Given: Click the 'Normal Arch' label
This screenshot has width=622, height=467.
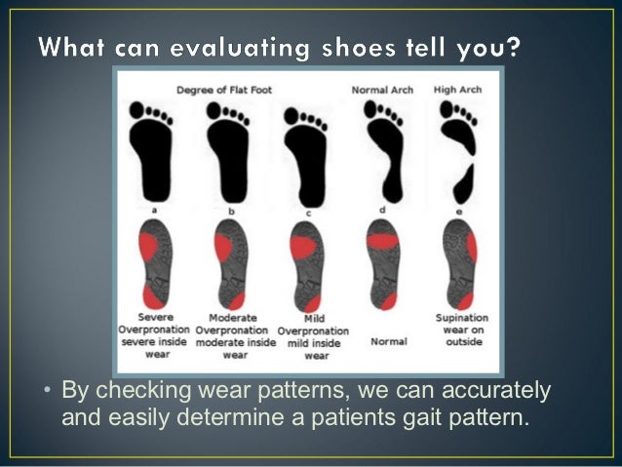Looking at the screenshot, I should [x=382, y=90].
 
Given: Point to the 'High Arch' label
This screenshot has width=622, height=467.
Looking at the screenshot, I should [x=457, y=90].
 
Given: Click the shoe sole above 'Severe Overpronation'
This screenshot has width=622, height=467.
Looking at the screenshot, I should [x=155, y=263].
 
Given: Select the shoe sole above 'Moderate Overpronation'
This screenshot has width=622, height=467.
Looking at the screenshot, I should [x=230, y=263].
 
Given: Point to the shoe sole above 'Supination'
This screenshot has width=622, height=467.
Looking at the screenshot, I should [x=460, y=263].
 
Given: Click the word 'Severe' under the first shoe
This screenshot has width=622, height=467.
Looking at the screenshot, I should [x=156, y=318].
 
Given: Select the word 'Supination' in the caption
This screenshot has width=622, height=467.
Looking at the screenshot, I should [x=462, y=318].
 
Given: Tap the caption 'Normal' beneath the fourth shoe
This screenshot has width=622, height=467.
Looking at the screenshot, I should [x=389, y=342].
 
